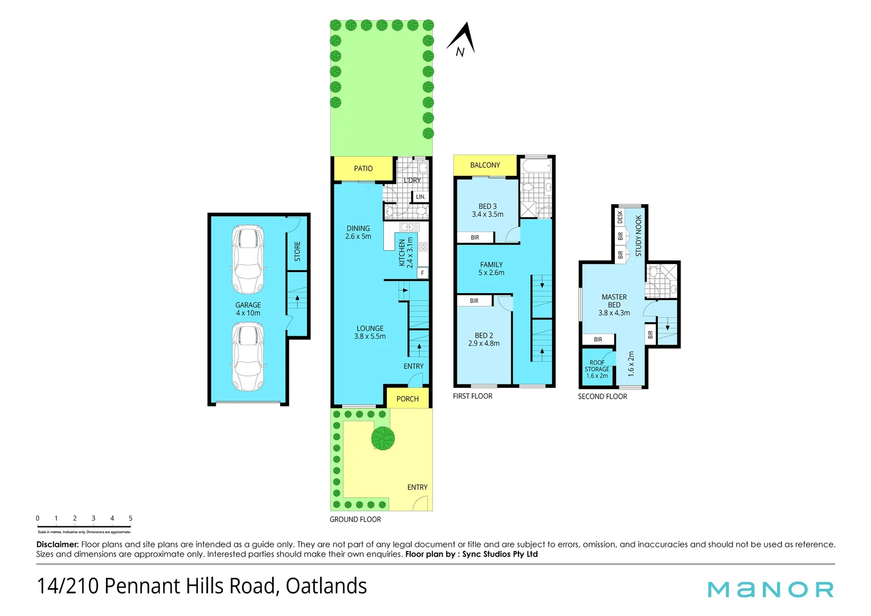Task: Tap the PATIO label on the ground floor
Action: click(363, 168)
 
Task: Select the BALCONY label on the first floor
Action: click(485, 165)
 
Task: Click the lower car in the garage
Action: click(248, 356)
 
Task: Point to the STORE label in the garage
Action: click(297, 251)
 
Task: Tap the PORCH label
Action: click(407, 399)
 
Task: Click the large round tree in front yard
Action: click(383, 437)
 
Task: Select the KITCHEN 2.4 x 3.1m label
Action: click(406, 253)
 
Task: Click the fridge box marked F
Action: click(422, 273)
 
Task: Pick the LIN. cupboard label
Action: click(420, 197)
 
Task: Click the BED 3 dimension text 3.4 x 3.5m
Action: click(488, 214)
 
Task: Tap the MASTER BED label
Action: click(614, 301)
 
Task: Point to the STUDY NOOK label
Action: click(638, 236)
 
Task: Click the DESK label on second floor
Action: click(620, 217)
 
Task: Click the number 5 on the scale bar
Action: click(131, 518)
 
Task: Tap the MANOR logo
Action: click(770, 589)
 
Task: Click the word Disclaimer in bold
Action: click(57, 544)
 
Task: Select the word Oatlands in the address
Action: click(326, 586)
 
